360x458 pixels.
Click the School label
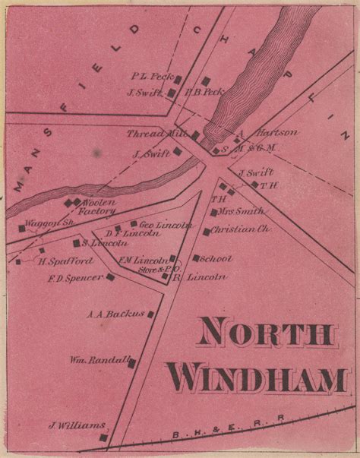pos(218,258)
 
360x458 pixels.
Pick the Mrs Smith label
pos(241,211)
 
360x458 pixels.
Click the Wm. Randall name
pos(101,359)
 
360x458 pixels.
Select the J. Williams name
pos(76,425)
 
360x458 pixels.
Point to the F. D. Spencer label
pos(74,277)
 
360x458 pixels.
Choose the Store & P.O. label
pos(158,269)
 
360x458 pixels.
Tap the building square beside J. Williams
pos(103,437)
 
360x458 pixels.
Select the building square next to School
pos(196,258)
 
